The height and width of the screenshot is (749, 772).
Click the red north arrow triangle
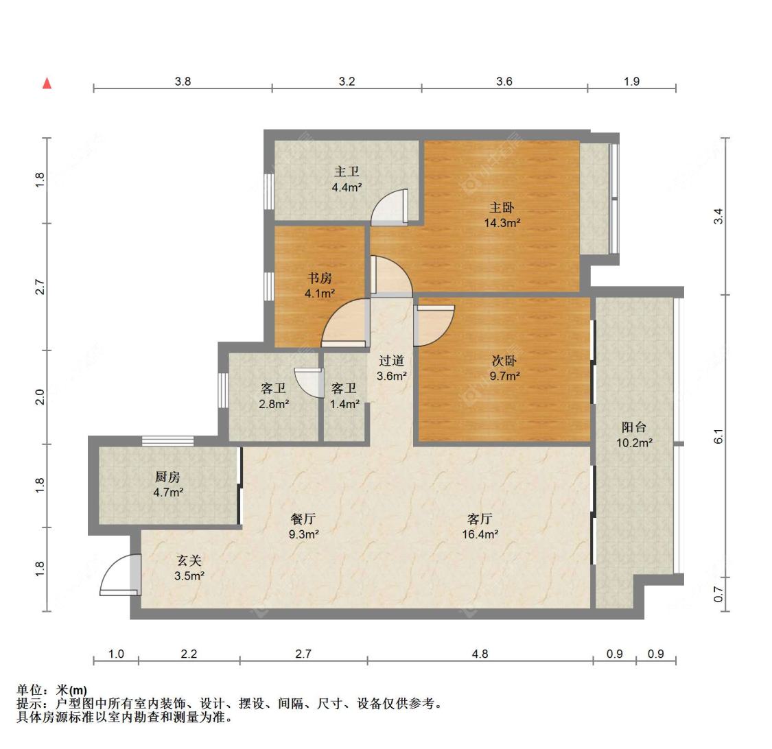[x=47, y=83]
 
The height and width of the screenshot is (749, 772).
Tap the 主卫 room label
[x=347, y=171]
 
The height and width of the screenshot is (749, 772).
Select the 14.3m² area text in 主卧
[x=502, y=223]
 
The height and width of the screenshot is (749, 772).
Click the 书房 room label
[x=320, y=278]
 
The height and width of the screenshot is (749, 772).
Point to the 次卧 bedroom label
[x=504, y=361]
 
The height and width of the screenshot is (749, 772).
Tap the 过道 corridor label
[x=391, y=361]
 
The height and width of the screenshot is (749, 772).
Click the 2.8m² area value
[x=274, y=404]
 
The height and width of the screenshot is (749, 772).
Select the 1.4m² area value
[x=344, y=404]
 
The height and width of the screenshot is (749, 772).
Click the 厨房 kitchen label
[x=168, y=477]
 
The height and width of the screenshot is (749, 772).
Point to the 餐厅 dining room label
[x=303, y=519]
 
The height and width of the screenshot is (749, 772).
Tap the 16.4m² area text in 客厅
[x=480, y=534]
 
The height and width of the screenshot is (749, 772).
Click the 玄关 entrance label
[x=189, y=560]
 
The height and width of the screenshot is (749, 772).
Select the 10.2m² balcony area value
[x=634, y=442]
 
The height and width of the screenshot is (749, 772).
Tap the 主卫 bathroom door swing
[x=390, y=208]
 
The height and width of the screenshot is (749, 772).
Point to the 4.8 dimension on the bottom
[x=480, y=654]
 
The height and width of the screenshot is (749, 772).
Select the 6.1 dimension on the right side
[x=719, y=436]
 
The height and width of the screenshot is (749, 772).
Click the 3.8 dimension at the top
[x=183, y=81]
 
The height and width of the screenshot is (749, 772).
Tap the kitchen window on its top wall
[x=168, y=441]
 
